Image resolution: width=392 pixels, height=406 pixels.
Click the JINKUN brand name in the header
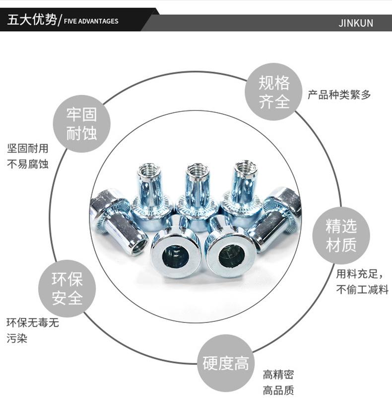click(355, 23)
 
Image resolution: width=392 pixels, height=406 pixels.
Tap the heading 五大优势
click(31, 21)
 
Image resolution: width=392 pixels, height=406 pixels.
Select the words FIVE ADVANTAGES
click(91, 21)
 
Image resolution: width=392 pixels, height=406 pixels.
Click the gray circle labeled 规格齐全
click(274, 92)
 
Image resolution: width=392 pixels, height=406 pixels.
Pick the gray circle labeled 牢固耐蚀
click(82, 124)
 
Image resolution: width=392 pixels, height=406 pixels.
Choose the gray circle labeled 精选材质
click(341, 236)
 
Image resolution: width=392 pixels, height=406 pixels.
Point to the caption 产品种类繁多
click(339, 94)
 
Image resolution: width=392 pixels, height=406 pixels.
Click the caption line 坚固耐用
click(28, 148)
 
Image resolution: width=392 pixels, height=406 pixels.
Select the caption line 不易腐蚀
click(28, 163)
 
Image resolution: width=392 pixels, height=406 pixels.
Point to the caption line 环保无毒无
click(32, 323)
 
